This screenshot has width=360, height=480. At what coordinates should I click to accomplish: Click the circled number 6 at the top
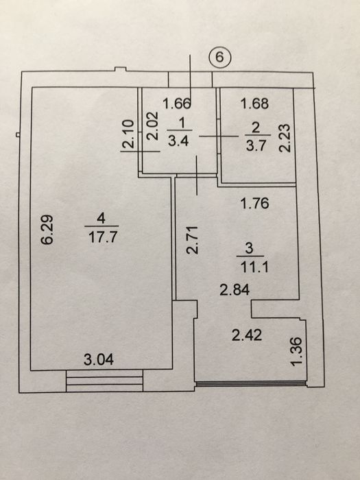click(220, 57)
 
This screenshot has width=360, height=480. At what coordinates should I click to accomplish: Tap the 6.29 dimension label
click(47, 229)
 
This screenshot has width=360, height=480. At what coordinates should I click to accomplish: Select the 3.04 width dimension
click(99, 359)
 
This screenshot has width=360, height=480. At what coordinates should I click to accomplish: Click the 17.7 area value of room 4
click(103, 237)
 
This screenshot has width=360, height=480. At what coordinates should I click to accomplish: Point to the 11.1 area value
click(254, 267)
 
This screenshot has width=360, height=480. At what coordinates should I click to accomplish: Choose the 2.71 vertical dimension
click(193, 240)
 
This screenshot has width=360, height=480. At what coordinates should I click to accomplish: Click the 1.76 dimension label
click(254, 203)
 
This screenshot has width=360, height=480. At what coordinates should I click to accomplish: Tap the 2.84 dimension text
click(235, 289)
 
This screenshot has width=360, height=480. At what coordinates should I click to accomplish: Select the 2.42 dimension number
click(247, 335)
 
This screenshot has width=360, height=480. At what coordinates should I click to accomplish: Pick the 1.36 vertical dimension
click(297, 352)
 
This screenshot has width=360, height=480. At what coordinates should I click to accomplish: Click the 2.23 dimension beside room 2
click(284, 138)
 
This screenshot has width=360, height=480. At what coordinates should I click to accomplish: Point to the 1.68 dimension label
click(254, 104)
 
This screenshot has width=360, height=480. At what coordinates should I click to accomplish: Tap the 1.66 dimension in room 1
click(177, 104)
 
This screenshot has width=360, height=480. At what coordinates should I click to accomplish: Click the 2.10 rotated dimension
click(128, 134)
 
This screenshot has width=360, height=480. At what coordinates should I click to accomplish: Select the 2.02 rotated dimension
click(152, 125)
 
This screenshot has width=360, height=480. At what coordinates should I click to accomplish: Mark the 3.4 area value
click(179, 141)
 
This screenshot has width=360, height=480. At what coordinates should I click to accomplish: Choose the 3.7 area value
click(256, 146)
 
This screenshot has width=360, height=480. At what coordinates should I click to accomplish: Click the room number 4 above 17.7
click(101, 219)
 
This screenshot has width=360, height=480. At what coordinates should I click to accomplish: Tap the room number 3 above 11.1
click(250, 248)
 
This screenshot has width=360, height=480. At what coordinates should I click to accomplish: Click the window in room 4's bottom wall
click(104, 381)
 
